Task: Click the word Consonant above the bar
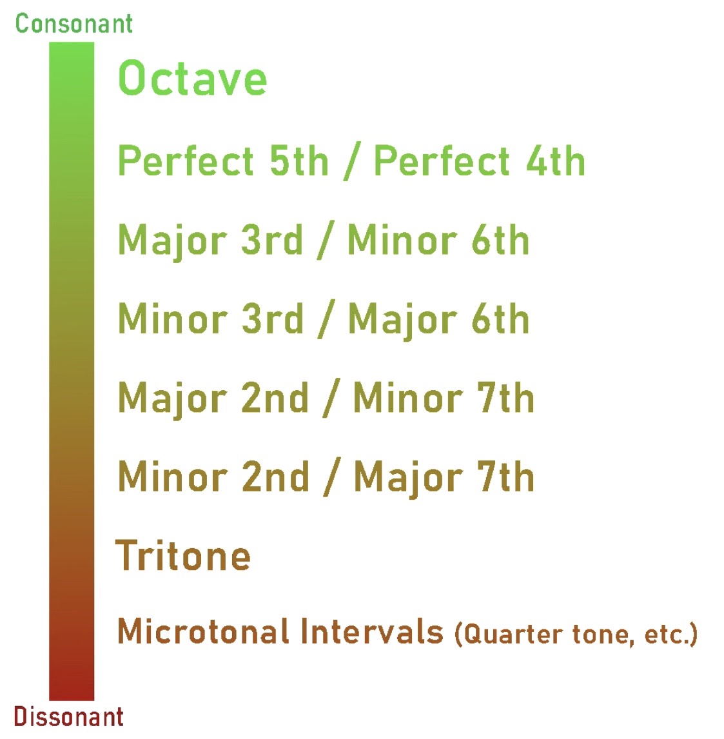(x=74, y=24)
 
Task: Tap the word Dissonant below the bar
(x=69, y=717)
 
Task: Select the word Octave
(x=193, y=78)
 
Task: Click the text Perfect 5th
(x=223, y=161)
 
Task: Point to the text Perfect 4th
(x=480, y=161)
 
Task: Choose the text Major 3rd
(x=210, y=240)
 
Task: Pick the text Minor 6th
(x=438, y=240)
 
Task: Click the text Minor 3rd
(x=211, y=319)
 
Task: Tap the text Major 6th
(x=439, y=320)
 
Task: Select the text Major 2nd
(x=213, y=398)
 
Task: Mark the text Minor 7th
(x=444, y=397)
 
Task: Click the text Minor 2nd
(x=213, y=477)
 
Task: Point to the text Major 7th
(x=444, y=477)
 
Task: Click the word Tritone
(x=182, y=555)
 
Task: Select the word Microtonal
(x=203, y=631)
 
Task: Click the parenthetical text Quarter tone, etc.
(x=576, y=635)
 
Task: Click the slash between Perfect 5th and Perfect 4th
(x=352, y=161)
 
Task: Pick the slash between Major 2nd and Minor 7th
(x=331, y=399)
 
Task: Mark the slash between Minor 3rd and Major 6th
(x=326, y=319)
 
